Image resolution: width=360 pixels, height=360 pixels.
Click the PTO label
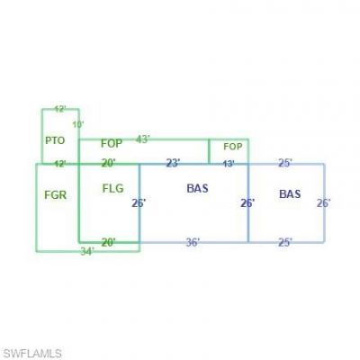(x=55, y=140)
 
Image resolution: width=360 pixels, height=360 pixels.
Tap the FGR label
(x=55, y=195)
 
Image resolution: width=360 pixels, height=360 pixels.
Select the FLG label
(x=112, y=188)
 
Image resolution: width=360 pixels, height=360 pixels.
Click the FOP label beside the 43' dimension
(x=112, y=143)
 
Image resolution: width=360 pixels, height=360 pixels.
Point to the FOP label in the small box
(x=233, y=147)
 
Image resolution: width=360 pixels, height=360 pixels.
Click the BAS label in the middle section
(x=197, y=188)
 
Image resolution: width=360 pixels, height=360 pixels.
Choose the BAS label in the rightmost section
(x=290, y=194)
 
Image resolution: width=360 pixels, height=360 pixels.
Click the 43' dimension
(x=143, y=139)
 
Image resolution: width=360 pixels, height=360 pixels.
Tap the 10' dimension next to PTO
(x=78, y=124)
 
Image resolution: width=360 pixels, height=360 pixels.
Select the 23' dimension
(x=174, y=163)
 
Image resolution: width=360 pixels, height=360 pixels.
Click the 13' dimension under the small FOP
(x=229, y=164)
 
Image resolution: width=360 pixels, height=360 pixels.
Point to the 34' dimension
(x=87, y=251)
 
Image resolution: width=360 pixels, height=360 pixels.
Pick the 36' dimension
(x=193, y=242)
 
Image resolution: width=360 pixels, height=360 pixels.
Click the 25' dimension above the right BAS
(x=285, y=163)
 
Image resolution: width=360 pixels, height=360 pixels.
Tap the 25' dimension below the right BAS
(x=285, y=242)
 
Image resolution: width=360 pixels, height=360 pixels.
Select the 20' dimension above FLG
(x=108, y=163)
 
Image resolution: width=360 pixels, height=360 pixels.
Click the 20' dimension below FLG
(x=108, y=242)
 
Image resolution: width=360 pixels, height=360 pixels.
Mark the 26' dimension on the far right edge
(x=324, y=203)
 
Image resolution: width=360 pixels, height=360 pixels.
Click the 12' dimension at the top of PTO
(x=60, y=109)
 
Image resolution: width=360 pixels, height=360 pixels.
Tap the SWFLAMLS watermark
(x=32, y=354)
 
